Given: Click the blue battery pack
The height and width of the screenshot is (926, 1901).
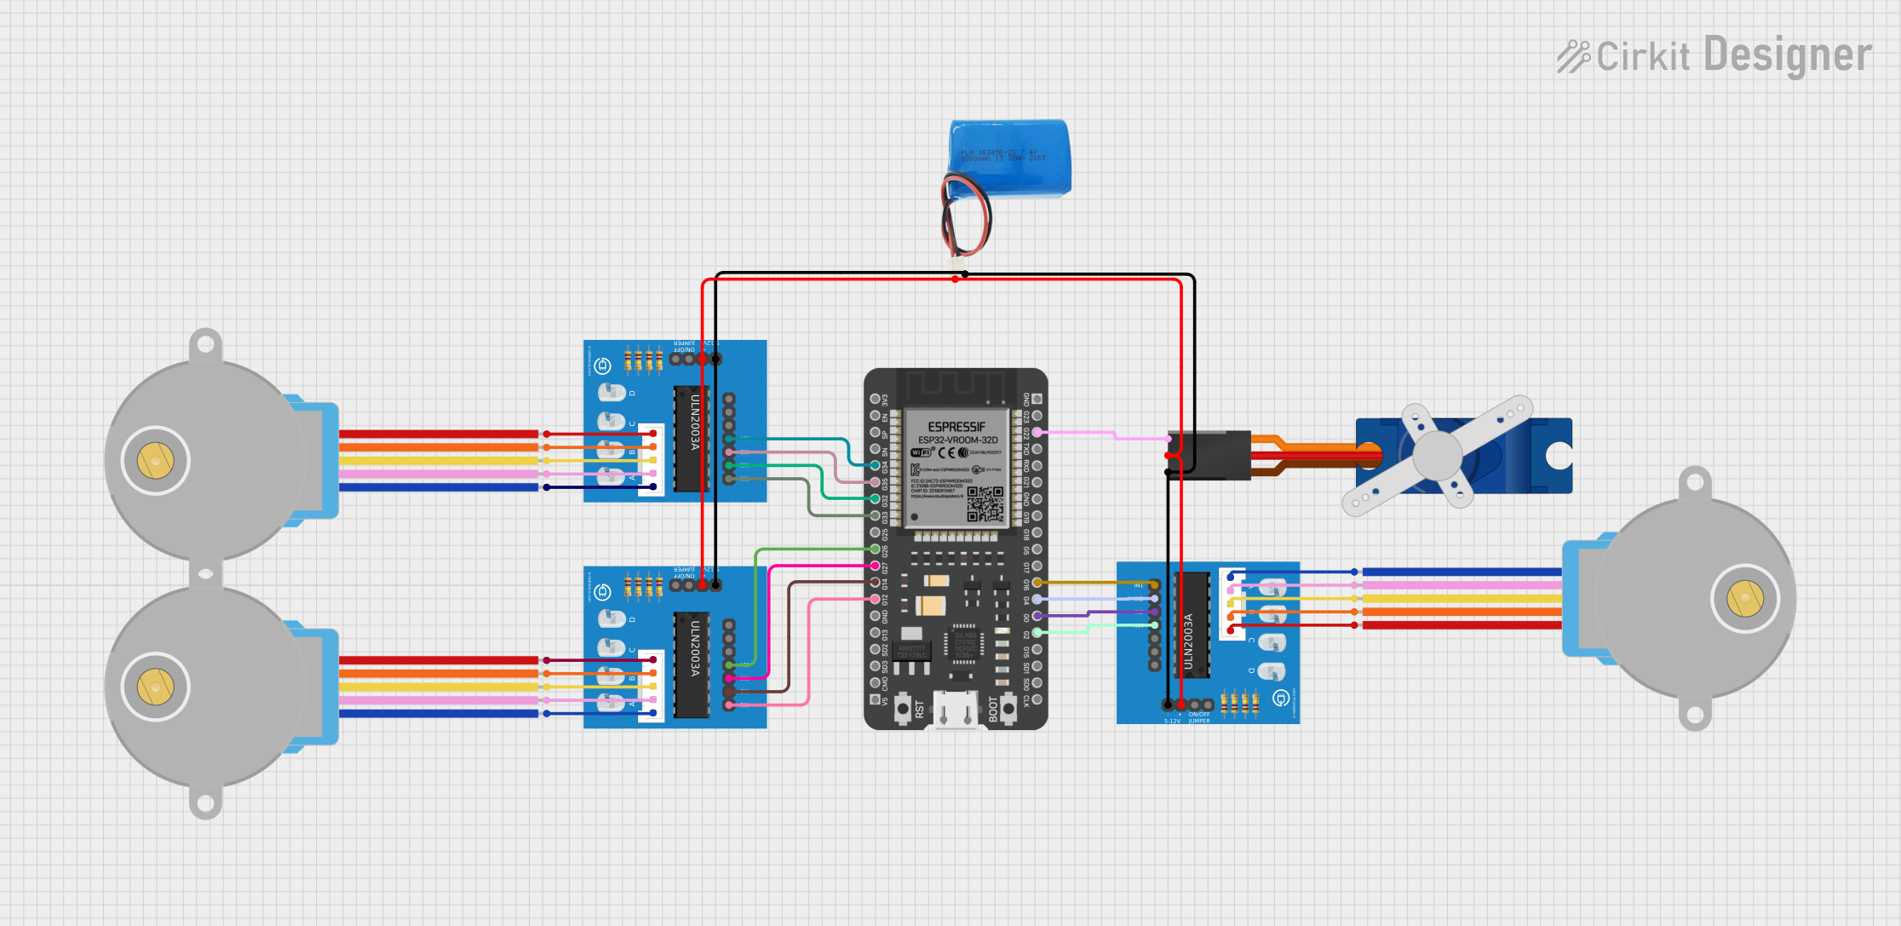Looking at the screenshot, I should [x=1012, y=158].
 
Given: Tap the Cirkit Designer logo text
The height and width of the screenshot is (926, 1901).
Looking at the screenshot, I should [x=1714, y=56].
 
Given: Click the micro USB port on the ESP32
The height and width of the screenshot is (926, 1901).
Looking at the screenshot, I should [x=955, y=711].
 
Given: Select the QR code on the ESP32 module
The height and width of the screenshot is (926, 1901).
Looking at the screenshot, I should [x=985, y=503].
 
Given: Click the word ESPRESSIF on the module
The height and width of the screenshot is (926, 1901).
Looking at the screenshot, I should [x=956, y=426].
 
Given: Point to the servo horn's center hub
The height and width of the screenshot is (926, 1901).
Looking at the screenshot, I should [x=1437, y=455].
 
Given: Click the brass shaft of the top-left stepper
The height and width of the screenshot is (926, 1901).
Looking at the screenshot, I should [x=155, y=461].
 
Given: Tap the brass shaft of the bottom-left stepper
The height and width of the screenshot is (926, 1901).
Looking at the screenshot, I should [x=155, y=687].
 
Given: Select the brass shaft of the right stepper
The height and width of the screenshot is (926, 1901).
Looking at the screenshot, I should [x=1744, y=598].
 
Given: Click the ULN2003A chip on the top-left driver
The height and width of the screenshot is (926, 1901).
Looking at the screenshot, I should [x=692, y=439].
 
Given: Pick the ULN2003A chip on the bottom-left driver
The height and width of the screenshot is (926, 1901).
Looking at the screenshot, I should [x=692, y=664].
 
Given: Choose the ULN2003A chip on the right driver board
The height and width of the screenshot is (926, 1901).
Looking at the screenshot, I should [x=1192, y=625].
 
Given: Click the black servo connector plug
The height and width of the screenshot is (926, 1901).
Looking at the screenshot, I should [x=1209, y=455].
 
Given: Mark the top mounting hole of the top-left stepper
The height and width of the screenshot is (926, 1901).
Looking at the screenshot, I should [x=205, y=345].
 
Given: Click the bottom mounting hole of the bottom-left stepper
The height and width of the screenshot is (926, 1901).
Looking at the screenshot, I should [x=205, y=802].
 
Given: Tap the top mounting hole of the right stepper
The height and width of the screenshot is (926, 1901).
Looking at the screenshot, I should [x=1694, y=483].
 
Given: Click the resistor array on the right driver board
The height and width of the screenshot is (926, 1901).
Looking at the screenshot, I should [x=1239, y=704].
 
